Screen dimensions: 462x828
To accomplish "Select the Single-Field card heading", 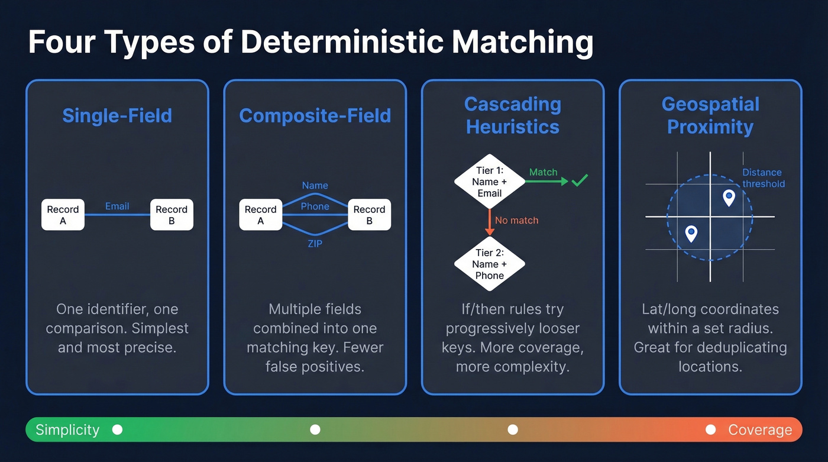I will click(x=117, y=115).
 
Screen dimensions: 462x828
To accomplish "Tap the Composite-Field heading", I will click(x=315, y=115).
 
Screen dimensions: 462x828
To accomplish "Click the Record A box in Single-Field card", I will click(x=63, y=215).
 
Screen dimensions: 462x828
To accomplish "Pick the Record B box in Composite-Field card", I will click(x=369, y=215).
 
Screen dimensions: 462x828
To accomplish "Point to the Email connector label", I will click(x=117, y=206).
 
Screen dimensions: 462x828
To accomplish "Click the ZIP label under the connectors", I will click(x=315, y=243).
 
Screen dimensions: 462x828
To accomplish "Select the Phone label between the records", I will click(x=315, y=206).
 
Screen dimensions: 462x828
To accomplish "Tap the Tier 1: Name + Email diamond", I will click(x=489, y=182).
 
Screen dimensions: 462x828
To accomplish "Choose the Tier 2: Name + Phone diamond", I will click(x=489, y=264).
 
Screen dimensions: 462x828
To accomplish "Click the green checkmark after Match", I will click(x=579, y=180).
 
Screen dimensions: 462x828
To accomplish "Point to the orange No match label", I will click(x=516, y=220).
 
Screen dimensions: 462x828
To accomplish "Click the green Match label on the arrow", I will click(x=543, y=172).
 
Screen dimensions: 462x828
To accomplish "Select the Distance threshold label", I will click(x=763, y=178).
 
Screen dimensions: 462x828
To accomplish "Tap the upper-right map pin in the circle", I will click(x=729, y=197).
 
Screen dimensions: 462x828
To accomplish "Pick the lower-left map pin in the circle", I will click(x=691, y=233).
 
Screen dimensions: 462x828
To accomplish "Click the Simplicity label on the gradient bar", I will click(x=67, y=429).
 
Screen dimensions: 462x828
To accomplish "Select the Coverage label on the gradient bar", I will click(x=759, y=429).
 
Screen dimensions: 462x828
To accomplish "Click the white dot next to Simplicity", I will click(x=117, y=429).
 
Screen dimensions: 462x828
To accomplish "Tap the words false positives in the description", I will click(x=315, y=366).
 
